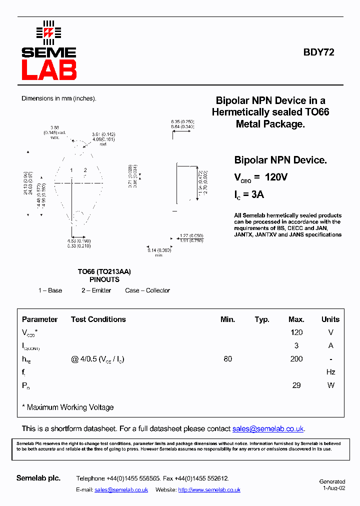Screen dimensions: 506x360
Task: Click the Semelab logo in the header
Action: pos(48,51)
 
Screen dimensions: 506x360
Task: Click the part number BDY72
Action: pos(318,52)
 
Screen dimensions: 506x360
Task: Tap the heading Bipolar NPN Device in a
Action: pos(270,100)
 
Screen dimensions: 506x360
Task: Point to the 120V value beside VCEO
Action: pos(275,177)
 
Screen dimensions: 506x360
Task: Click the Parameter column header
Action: pos(39,319)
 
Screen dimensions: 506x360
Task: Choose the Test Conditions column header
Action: pos(98,319)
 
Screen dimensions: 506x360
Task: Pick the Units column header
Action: pos(330,319)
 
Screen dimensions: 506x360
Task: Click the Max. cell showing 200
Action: pos(296,359)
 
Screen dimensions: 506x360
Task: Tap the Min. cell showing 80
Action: pos(227,359)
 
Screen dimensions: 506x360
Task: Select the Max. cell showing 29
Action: pos(296,385)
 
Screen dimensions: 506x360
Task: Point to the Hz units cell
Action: pos(330,372)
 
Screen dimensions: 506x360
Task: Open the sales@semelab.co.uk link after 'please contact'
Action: pos(268,429)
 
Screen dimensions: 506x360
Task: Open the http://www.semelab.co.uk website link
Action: pos(209,490)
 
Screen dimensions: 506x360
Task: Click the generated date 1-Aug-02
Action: pos(333,488)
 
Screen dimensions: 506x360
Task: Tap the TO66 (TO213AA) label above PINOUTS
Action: pos(104,271)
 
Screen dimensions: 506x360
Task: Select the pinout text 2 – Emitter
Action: pos(96,290)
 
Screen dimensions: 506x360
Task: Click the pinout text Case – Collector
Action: pos(147,290)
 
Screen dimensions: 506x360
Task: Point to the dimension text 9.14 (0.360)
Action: pos(159,250)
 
